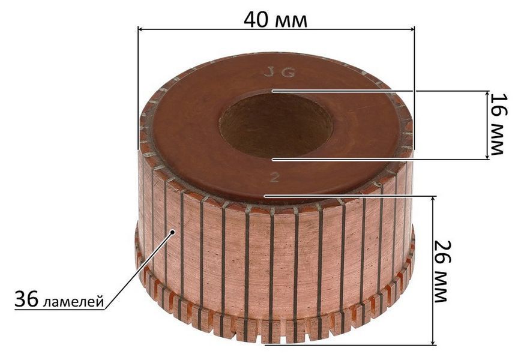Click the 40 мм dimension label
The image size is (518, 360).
click(276, 20)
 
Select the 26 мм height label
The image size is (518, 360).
click(442, 271)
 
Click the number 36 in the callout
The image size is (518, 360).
click(26, 299)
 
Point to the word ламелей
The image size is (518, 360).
click(73, 302)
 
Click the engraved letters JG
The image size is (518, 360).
click(280, 73)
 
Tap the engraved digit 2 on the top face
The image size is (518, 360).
click(274, 178)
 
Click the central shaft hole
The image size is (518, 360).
click(276, 125)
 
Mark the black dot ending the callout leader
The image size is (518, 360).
click(172, 232)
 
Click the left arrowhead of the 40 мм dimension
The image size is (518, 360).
click(140, 29)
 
